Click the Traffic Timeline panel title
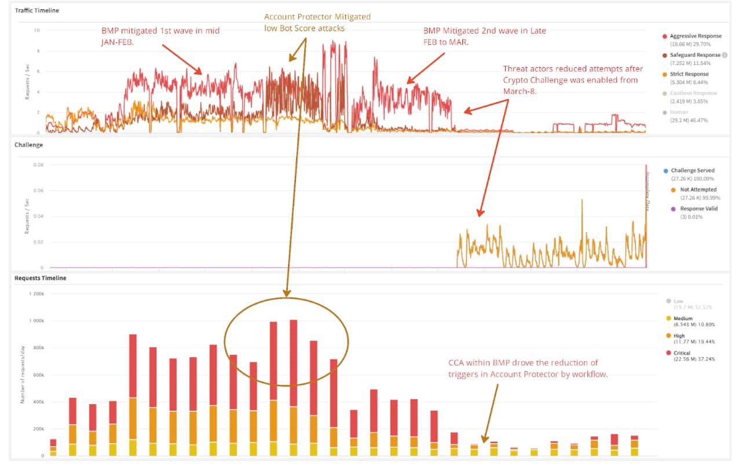tap(36, 10)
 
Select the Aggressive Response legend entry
tap(696, 36)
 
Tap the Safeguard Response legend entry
tap(695, 55)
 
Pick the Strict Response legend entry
tap(689, 74)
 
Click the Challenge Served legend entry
tap(692, 171)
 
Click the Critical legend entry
tap(682, 353)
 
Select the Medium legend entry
tap(684, 318)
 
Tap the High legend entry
tap(679, 336)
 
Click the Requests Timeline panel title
tap(41, 278)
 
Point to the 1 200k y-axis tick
tap(36, 293)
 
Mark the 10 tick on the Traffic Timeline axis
tap(37, 30)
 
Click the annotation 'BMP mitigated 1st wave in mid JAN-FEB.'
tap(159, 35)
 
